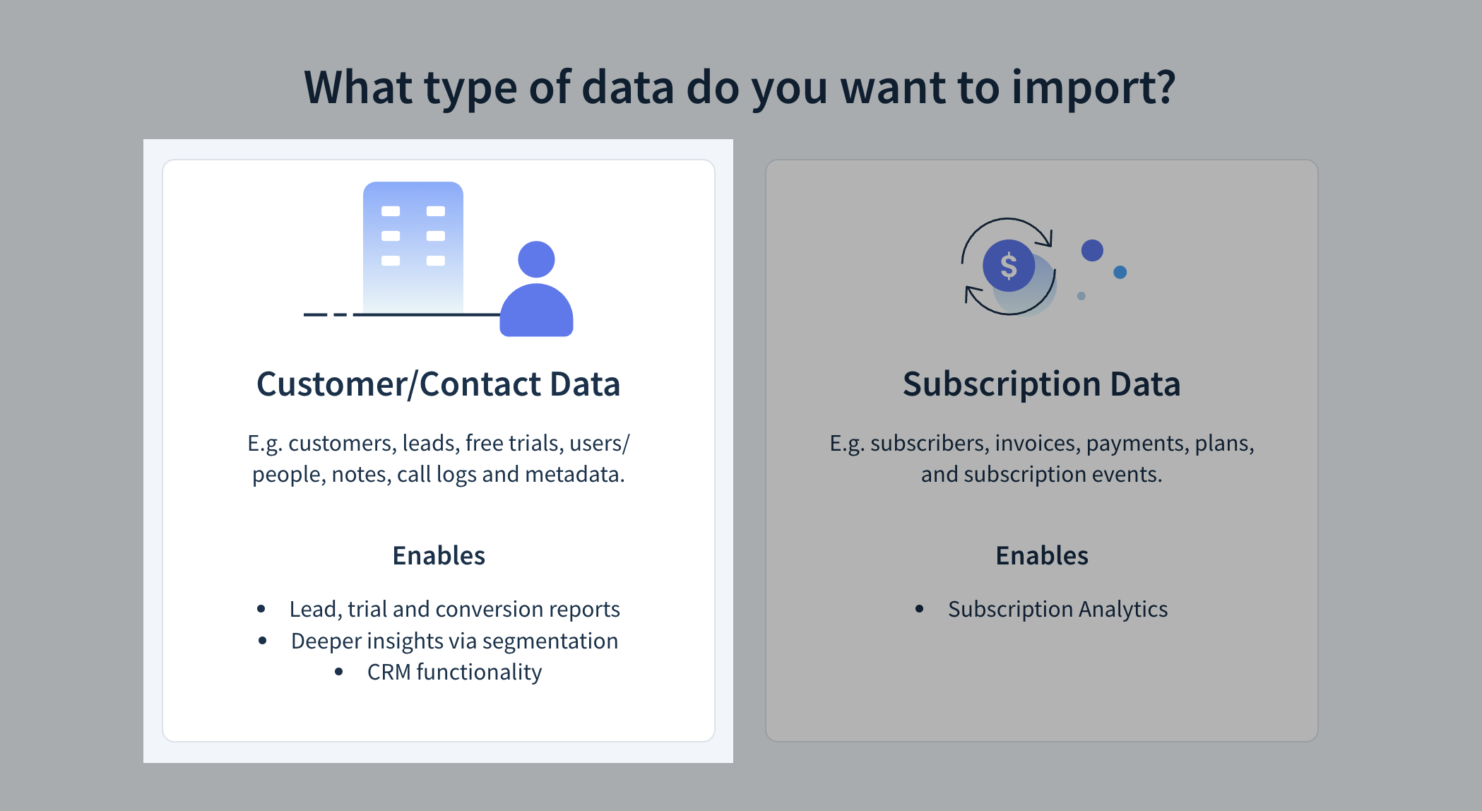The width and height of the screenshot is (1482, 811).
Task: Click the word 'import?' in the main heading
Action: click(x=1093, y=88)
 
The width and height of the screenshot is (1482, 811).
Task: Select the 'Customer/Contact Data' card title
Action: click(x=438, y=384)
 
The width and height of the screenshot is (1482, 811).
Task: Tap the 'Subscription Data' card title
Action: click(x=1041, y=384)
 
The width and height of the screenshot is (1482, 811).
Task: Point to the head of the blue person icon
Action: click(x=536, y=259)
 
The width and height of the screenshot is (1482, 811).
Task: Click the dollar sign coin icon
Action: click(x=1009, y=266)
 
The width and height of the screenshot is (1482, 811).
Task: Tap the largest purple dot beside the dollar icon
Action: click(x=1092, y=250)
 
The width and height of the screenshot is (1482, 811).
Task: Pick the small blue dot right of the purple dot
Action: click(x=1120, y=272)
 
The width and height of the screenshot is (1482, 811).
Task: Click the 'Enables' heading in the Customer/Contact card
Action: click(x=439, y=556)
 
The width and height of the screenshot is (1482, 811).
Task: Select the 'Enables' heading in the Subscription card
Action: click(x=1042, y=556)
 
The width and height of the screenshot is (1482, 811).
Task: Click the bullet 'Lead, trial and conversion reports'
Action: click(x=454, y=609)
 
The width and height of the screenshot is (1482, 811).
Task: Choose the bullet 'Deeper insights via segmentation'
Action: click(x=454, y=641)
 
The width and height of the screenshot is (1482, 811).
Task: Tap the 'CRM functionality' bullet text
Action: click(x=454, y=672)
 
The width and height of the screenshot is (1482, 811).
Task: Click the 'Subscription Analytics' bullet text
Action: click(x=1057, y=609)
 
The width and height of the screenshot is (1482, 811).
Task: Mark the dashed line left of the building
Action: click(x=326, y=314)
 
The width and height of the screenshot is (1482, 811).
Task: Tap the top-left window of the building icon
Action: click(x=391, y=211)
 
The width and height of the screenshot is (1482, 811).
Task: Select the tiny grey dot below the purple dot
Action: click(x=1081, y=296)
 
